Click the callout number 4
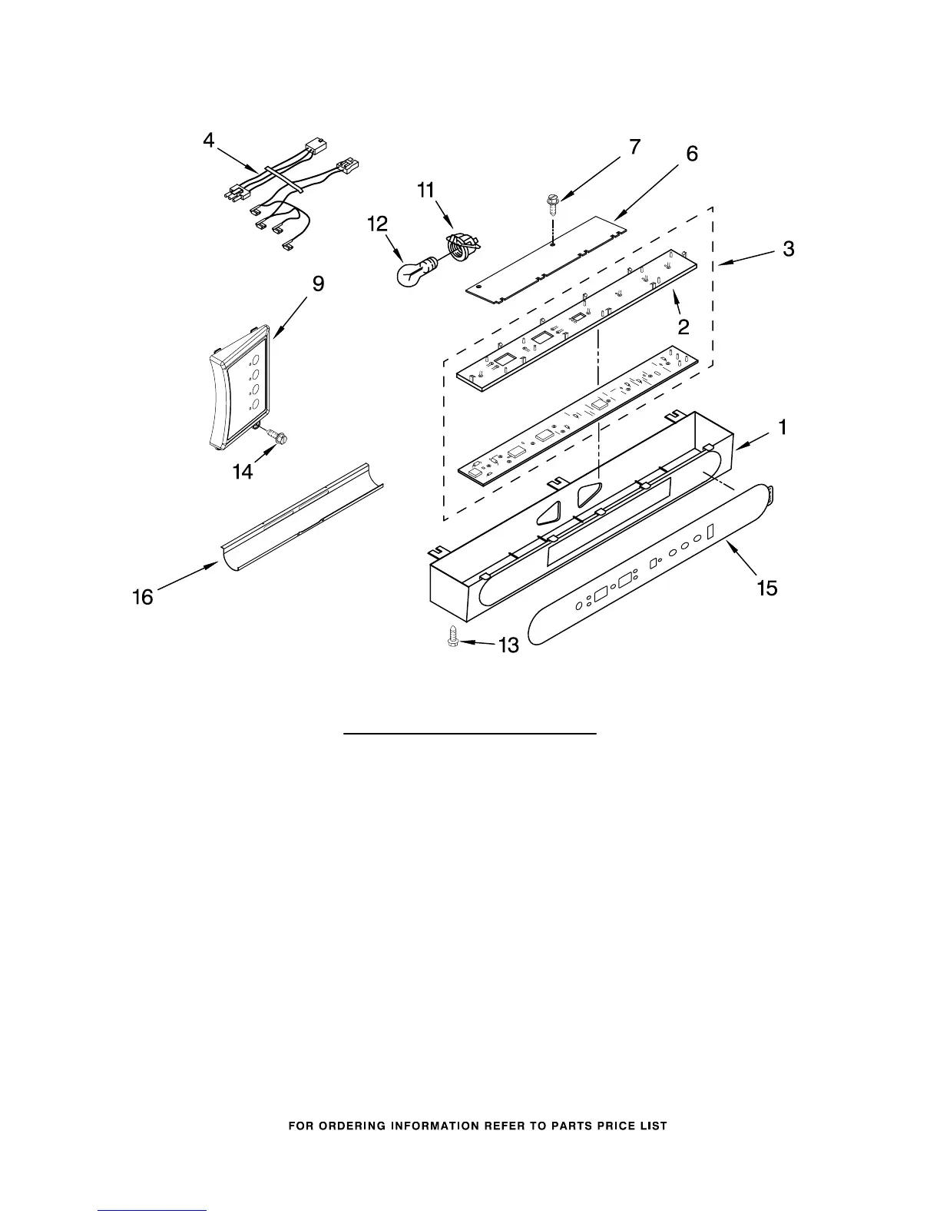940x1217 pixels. [209, 142]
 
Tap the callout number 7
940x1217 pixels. [634, 147]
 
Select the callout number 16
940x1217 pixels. [143, 596]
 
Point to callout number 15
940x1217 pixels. [767, 589]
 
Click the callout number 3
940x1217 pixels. [789, 249]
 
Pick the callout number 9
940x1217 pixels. [317, 284]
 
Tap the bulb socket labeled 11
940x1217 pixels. [459, 248]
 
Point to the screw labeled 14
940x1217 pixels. [276, 437]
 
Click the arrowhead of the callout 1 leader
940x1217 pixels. [738, 445]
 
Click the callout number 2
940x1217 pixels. [683, 327]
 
